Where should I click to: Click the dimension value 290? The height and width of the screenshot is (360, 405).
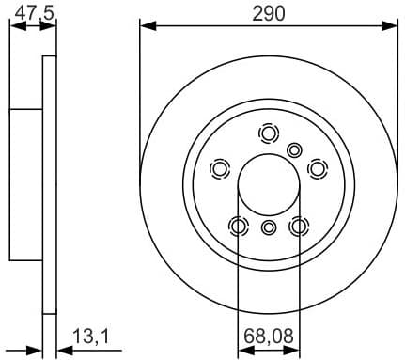269,12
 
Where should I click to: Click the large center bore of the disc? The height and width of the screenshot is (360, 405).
269,182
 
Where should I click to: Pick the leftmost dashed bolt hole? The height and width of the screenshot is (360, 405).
220,168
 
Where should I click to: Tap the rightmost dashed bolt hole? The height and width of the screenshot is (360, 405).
318,168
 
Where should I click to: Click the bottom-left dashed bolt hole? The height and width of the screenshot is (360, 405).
239,226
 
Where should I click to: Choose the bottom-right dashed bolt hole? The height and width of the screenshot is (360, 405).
299,226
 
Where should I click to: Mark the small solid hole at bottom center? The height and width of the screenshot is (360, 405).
269,227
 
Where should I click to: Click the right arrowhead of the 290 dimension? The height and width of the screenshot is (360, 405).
392,26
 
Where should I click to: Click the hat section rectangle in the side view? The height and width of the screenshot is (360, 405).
26,184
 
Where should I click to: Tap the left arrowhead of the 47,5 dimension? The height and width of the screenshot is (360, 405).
14,26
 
